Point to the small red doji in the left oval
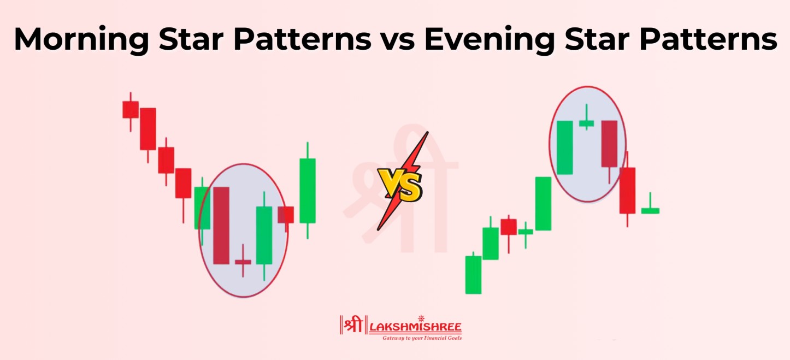[x=243, y=262]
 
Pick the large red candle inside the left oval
[x=221, y=225]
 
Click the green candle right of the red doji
[x=264, y=235]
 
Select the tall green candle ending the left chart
[x=308, y=190]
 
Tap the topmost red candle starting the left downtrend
[x=130, y=109]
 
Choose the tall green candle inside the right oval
[x=564, y=147]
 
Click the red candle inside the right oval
[x=609, y=144]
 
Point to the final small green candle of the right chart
[x=650, y=210]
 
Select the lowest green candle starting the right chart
[x=473, y=274]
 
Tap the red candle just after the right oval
[x=627, y=190]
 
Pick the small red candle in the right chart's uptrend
[x=509, y=227]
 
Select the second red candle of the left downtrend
[x=148, y=129]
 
